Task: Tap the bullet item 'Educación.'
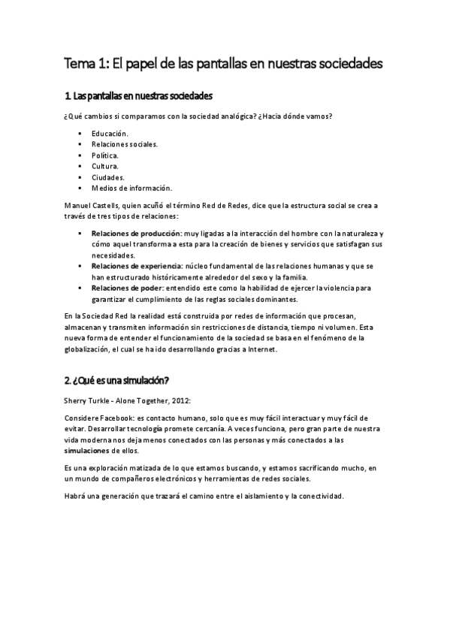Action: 110,133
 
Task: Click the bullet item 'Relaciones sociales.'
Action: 125,143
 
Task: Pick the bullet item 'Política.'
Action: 105,155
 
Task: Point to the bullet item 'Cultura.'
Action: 104,165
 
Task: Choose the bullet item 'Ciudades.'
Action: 107,177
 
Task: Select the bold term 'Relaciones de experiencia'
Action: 137,267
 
